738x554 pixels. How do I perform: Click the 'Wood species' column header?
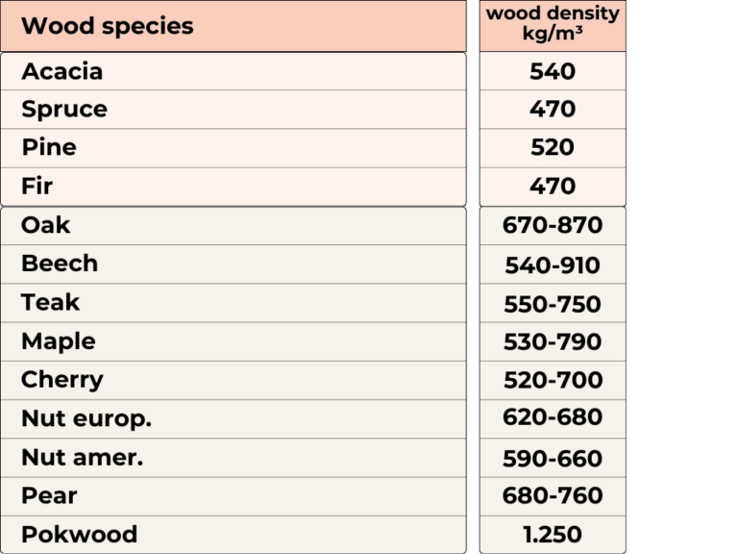tap(108, 26)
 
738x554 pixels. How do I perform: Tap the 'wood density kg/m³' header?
tap(553, 23)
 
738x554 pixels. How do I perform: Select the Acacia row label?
tap(62, 71)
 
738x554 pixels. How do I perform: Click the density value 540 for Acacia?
tap(553, 71)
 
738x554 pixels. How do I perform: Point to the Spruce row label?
tap(64, 110)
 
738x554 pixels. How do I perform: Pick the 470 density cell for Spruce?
tap(553, 110)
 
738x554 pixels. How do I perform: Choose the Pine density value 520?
tap(553, 147)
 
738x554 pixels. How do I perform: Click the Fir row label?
tap(37, 186)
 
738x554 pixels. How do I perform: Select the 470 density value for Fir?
tap(553, 186)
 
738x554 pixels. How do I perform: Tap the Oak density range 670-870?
tap(553, 225)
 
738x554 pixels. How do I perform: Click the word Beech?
tap(60, 264)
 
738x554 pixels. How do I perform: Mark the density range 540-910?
tap(553, 265)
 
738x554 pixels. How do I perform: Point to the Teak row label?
tap(50, 302)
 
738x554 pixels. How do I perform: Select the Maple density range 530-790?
tap(553, 342)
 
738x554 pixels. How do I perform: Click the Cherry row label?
tap(62, 380)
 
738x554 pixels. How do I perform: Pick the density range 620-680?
tap(553, 416)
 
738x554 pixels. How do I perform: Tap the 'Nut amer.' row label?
tap(83, 458)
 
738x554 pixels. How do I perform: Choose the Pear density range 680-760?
tap(553, 495)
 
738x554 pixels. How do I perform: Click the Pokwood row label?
tap(80, 535)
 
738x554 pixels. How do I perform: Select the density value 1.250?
tap(553, 535)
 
